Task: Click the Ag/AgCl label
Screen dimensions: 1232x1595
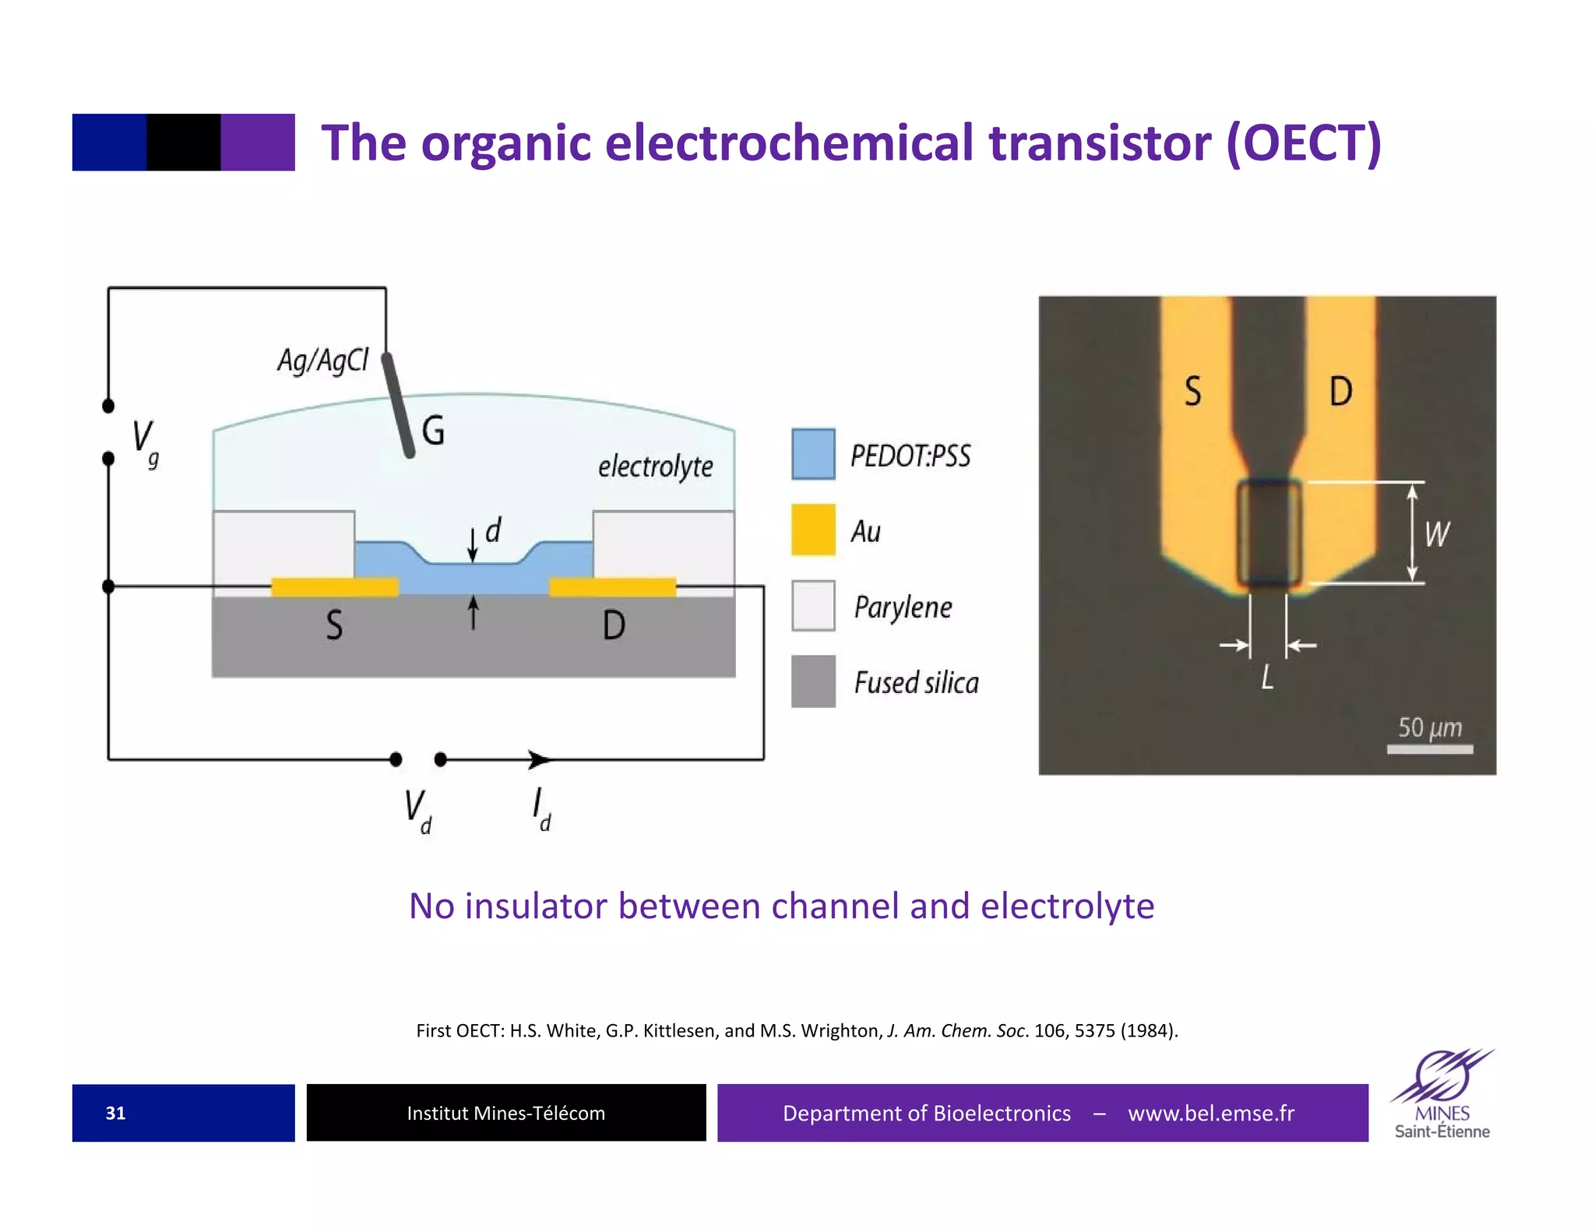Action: click(322, 361)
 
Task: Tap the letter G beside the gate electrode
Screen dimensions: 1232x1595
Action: click(433, 431)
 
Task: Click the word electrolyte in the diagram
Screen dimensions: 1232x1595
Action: click(655, 466)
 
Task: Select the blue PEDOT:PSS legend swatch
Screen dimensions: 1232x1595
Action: click(813, 454)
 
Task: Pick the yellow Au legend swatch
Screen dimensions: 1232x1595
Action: click(813, 530)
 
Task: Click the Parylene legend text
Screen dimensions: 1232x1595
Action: click(903, 607)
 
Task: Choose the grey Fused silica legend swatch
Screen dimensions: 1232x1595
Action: click(813, 681)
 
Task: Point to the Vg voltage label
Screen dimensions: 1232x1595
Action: click(145, 442)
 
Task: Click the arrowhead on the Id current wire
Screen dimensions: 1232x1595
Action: click(538, 759)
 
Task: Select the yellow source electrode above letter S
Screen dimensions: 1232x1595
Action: click(334, 586)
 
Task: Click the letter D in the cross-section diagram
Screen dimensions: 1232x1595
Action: click(614, 625)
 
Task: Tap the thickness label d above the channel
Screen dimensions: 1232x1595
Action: click(493, 531)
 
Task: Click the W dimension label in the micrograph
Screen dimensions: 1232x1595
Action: click(1437, 534)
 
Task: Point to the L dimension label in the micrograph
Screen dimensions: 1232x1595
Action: click(1267, 678)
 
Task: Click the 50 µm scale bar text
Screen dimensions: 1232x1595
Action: click(1430, 727)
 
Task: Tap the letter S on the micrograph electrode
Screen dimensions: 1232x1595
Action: click(1192, 391)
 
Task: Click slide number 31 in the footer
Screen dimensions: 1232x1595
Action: click(115, 1113)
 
